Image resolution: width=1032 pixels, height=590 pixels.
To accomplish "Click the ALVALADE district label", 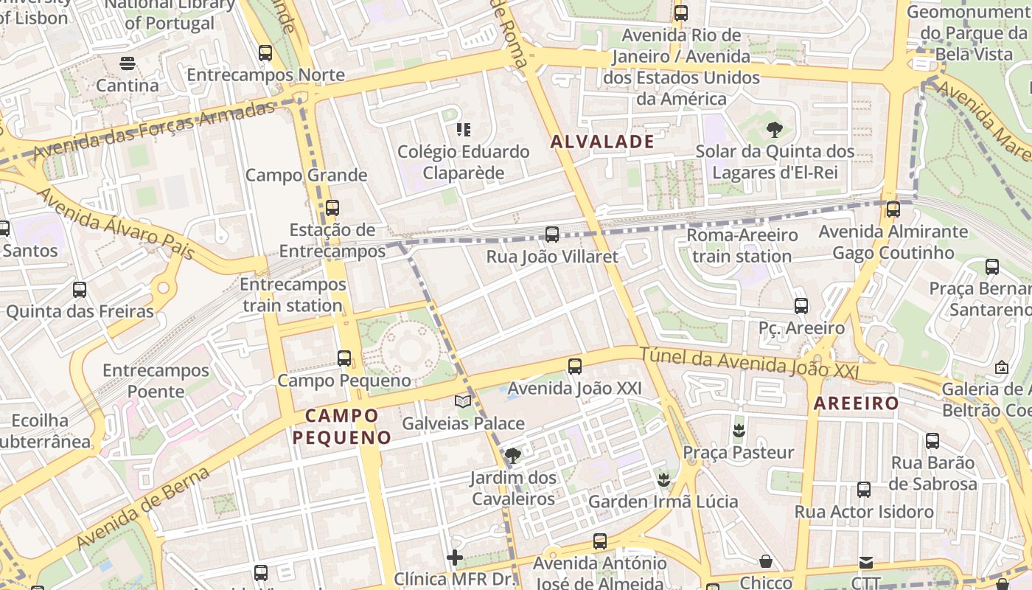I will (x=602, y=142).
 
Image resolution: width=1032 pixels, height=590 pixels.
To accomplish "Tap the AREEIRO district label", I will (x=856, y=403).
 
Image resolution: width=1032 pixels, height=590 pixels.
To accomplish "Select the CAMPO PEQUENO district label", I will (x=342, y=426).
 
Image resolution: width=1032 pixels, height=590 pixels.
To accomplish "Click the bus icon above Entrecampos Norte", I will (x=265, y=53).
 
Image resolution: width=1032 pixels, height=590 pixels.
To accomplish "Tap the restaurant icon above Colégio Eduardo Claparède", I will (x=464, y=130).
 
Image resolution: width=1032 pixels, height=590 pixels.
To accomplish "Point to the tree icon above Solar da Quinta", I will (x=774, y=130).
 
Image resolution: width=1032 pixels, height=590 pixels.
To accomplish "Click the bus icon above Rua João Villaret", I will (x=552, y=235).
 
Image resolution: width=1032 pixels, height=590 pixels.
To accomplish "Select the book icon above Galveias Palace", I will (x=463, y=401).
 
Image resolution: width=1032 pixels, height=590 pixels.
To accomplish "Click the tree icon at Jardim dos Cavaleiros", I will (x=513, y=455).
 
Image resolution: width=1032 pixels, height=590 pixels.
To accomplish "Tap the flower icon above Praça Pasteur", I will (x=739, y=430).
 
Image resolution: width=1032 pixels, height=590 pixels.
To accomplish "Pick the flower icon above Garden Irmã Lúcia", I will (x=663, y=479).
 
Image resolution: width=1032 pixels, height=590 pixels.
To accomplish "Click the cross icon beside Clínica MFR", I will (x=455, y=557).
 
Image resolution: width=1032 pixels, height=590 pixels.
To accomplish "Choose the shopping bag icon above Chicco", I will (x=766, y=561).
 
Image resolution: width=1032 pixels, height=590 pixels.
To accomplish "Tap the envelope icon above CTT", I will (x=866, y=563).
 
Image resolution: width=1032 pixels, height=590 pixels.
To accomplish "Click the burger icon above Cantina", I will (x=128, y=63).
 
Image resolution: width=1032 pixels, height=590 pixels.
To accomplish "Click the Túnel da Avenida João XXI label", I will (x=749, y=364).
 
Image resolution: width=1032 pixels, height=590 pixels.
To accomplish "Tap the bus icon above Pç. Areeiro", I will (x=801, y=305).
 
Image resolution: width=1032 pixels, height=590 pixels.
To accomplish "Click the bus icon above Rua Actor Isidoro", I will (x=863, y=489).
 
